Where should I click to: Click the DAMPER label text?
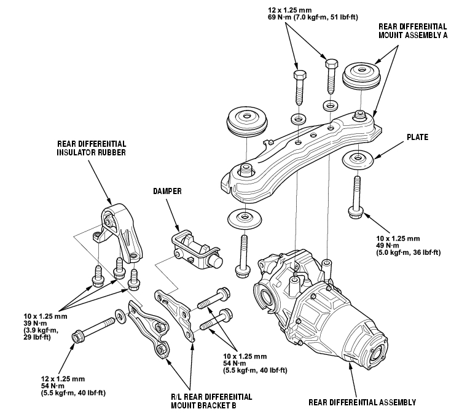point(167,191)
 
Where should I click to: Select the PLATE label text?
point(418,137)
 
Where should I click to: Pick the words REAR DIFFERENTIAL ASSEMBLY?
point(362,402)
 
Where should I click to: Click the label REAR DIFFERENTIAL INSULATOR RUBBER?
point(92,148)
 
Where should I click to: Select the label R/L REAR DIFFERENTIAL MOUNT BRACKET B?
point(211,401)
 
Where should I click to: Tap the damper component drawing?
point(197,250)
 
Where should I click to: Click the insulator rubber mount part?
point(122,233)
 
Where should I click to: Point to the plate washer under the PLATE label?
point(358,159)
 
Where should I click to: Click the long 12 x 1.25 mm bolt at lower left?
point(93,330)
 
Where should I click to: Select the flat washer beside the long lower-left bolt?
point(121,316)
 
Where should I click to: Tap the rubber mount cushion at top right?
point(361,76)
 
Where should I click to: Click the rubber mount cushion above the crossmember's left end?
point(247,121)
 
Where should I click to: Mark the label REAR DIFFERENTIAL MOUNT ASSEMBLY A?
point(413,31)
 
